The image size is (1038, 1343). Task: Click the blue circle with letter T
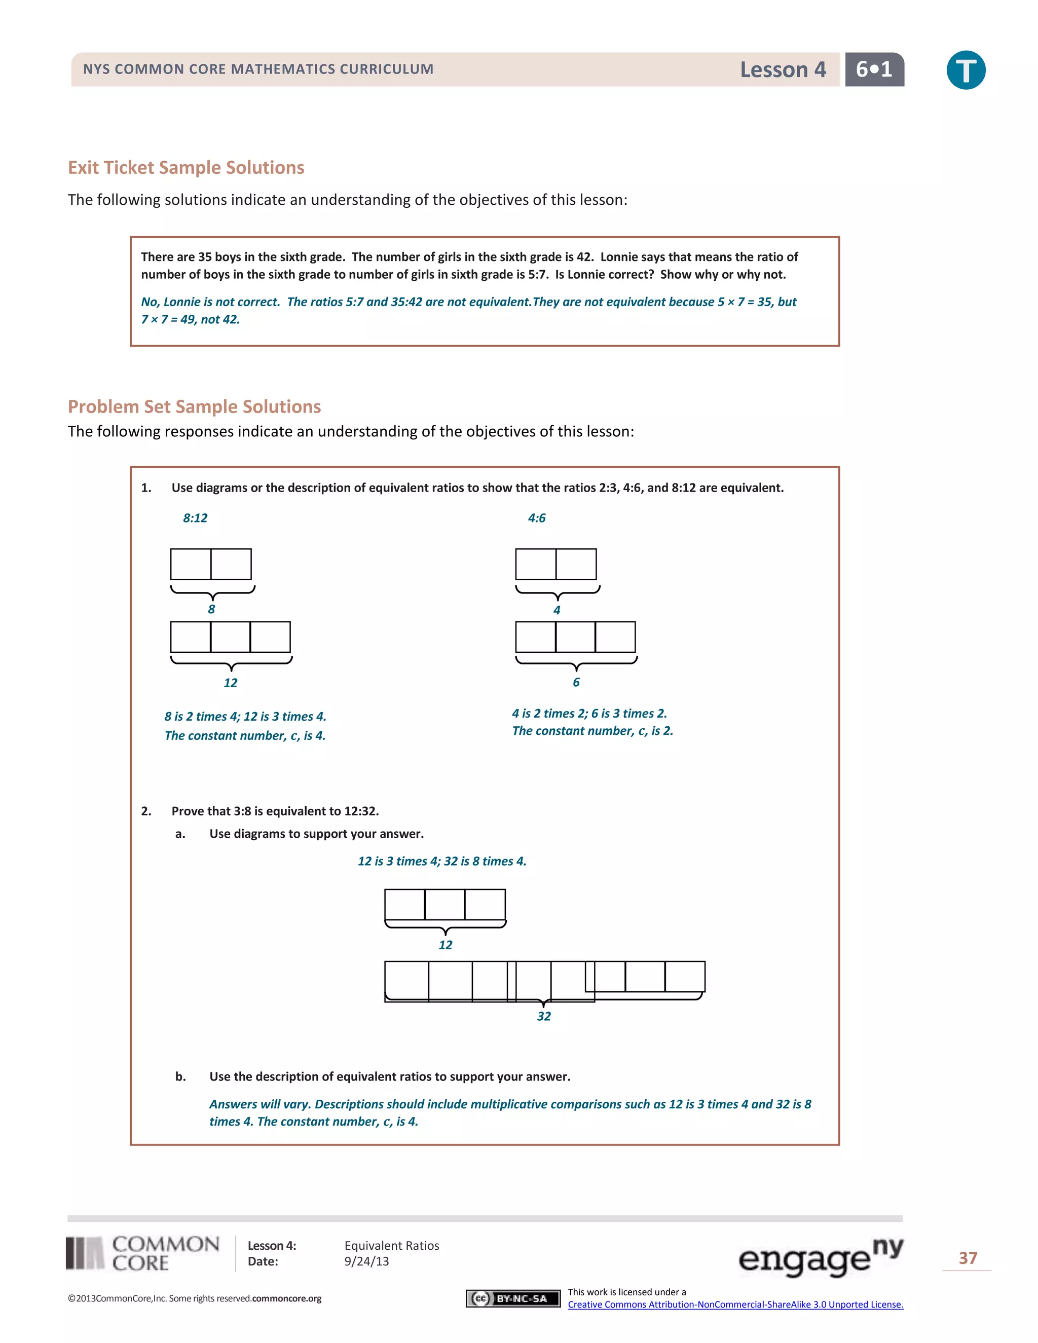(966, 70)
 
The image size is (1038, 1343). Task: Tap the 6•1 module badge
(874, 69)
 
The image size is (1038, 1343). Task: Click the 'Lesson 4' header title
(782, 70)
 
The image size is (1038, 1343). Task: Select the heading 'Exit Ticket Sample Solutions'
(186, 168)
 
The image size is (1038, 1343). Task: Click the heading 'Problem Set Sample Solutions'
(194, 406)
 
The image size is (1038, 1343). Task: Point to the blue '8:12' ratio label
(195, 518)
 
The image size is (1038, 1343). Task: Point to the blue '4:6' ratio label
(536, 518)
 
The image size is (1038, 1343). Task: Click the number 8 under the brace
(211, 609)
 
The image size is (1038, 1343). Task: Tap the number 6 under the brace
(576, 682)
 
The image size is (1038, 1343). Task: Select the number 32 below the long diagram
(544, 1016)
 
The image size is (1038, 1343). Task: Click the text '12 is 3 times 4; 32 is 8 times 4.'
(441, 861)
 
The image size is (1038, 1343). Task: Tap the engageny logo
(821, 1257)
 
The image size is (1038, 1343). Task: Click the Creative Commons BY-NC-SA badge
(513, 1298)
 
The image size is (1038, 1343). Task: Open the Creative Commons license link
(735, 1304)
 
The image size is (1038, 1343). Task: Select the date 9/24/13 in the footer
(366, 1261)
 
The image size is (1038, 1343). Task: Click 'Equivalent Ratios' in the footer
(391, 1245)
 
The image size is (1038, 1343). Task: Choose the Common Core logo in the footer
(142, 1253)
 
